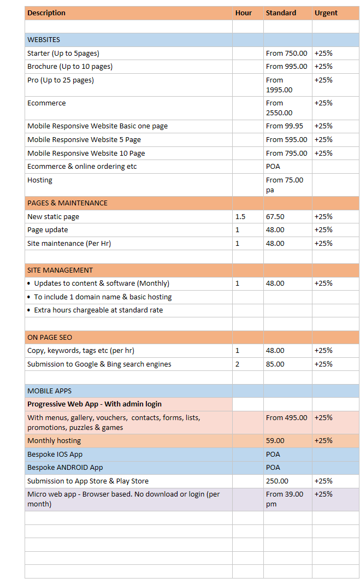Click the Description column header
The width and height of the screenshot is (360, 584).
tap(46, 13)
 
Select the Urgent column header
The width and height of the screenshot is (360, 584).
tap(326, 13)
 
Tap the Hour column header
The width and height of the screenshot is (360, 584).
tap(244, 13)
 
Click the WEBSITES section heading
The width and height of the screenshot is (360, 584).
tap(44, 40)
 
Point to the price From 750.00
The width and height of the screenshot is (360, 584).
tap(286, 54)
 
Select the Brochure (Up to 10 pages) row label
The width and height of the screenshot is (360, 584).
tap(70, 67)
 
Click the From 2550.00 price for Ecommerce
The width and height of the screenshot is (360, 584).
tap(279, 108)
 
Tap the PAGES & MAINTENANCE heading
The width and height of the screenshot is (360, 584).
tap(67, 203)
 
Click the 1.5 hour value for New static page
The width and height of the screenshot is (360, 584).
tap(240, 217)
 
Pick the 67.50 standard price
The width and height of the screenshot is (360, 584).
tap(275, 217)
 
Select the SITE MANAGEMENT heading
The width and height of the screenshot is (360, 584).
tap(60, 270)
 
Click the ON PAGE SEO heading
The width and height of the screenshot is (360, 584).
tap(50, 338)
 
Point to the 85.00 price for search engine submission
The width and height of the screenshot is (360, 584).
tap(275, 364)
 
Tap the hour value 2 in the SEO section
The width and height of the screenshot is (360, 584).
tap(237, 364)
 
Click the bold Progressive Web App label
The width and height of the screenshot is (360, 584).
tap(95, 404)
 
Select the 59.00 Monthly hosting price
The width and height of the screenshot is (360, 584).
tap(275, 441)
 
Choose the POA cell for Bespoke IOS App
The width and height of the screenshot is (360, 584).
tap(273, 455)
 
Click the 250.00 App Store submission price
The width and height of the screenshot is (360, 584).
tap(277, 481)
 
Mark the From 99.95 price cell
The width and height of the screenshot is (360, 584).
tap(285, 126)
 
